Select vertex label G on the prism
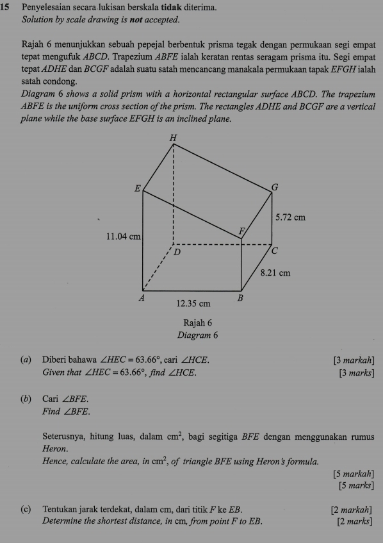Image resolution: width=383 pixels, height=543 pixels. (x=275, y=187)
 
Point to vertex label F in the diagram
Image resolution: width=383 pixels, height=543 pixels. (x=241, y=230)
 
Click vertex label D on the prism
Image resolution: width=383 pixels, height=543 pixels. (x=179, y=253)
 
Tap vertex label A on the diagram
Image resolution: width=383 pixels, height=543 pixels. (x=142, y=299)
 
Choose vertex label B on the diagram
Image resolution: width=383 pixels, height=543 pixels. (x=241, y=299)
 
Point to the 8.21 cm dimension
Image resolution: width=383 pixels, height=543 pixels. (x=276, y=273)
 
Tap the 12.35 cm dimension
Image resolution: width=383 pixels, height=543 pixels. (x=193, y=303)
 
